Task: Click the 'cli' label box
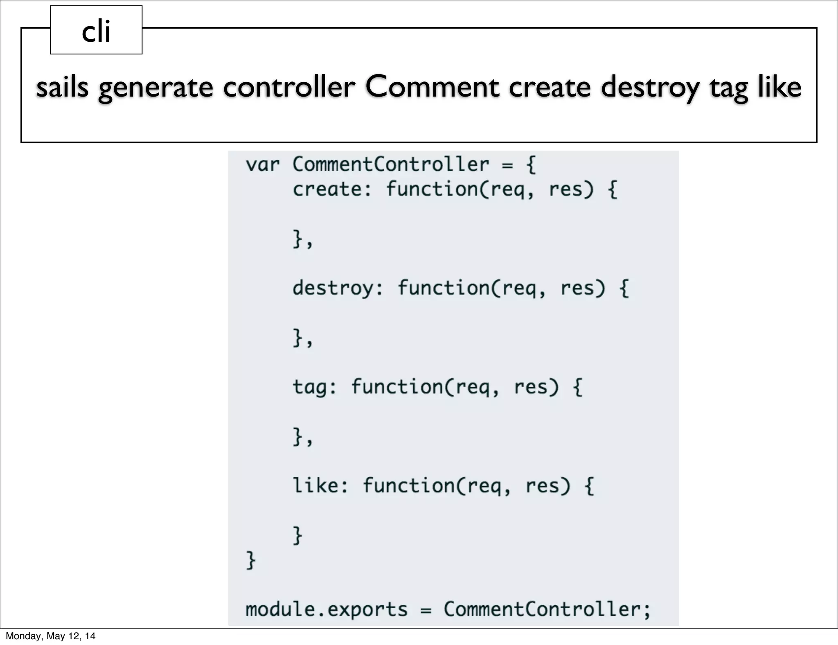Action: coord(96,30)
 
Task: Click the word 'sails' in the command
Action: coord(62,87)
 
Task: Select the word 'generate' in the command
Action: coord(155,87)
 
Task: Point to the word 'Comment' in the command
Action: coord(432,87)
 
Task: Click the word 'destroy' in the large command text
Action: coord(650,87)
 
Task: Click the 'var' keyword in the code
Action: coord(262,165)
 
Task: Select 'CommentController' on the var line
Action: coord(390,165)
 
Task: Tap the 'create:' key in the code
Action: coord(332,189)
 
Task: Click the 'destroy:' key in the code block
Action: coord(338,288)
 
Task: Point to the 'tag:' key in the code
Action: coord(314,387)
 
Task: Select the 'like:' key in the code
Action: coord(320,486)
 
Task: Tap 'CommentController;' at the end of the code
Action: coord(547,609)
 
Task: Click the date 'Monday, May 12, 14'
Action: coord(50,636)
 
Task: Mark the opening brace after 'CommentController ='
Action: coord(531,165)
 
